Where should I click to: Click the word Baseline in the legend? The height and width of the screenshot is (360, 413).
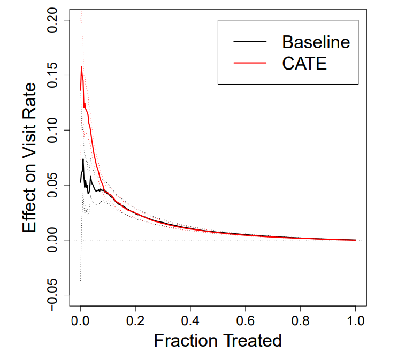coord(316,42)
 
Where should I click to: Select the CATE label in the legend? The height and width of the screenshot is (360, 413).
coord(304,63)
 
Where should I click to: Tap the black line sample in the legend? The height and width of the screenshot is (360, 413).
coord(250,41)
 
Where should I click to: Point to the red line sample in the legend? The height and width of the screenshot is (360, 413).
coord(250,63)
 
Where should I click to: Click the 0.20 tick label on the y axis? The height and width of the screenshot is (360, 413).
coord(53,20)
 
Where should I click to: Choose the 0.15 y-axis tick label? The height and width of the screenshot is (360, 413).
coord(53,75)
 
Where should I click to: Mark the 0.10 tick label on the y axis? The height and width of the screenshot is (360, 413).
coord(53,130)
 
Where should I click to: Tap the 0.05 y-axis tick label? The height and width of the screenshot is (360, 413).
coord(53,185)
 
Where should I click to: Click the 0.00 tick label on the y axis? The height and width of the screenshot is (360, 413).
coord(53,240)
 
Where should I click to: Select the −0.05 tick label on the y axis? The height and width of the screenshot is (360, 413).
coord(53,295)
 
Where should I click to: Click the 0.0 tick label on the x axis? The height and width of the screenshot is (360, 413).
coord(80,321)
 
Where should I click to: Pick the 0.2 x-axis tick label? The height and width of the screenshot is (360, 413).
coord(135,321)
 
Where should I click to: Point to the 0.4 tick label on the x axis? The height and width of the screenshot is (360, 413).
coord(190,321)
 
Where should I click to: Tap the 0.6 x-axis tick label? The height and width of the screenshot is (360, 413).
coord(246,321)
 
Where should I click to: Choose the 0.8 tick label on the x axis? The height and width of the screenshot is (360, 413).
coord(301,321)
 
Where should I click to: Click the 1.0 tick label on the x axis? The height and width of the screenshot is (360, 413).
coord(356,321)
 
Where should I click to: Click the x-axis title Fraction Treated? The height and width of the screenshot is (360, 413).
coord(218,341)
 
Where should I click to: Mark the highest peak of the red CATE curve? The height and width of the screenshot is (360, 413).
coord(81,67)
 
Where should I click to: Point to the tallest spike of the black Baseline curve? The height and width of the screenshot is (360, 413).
coord(83,159)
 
